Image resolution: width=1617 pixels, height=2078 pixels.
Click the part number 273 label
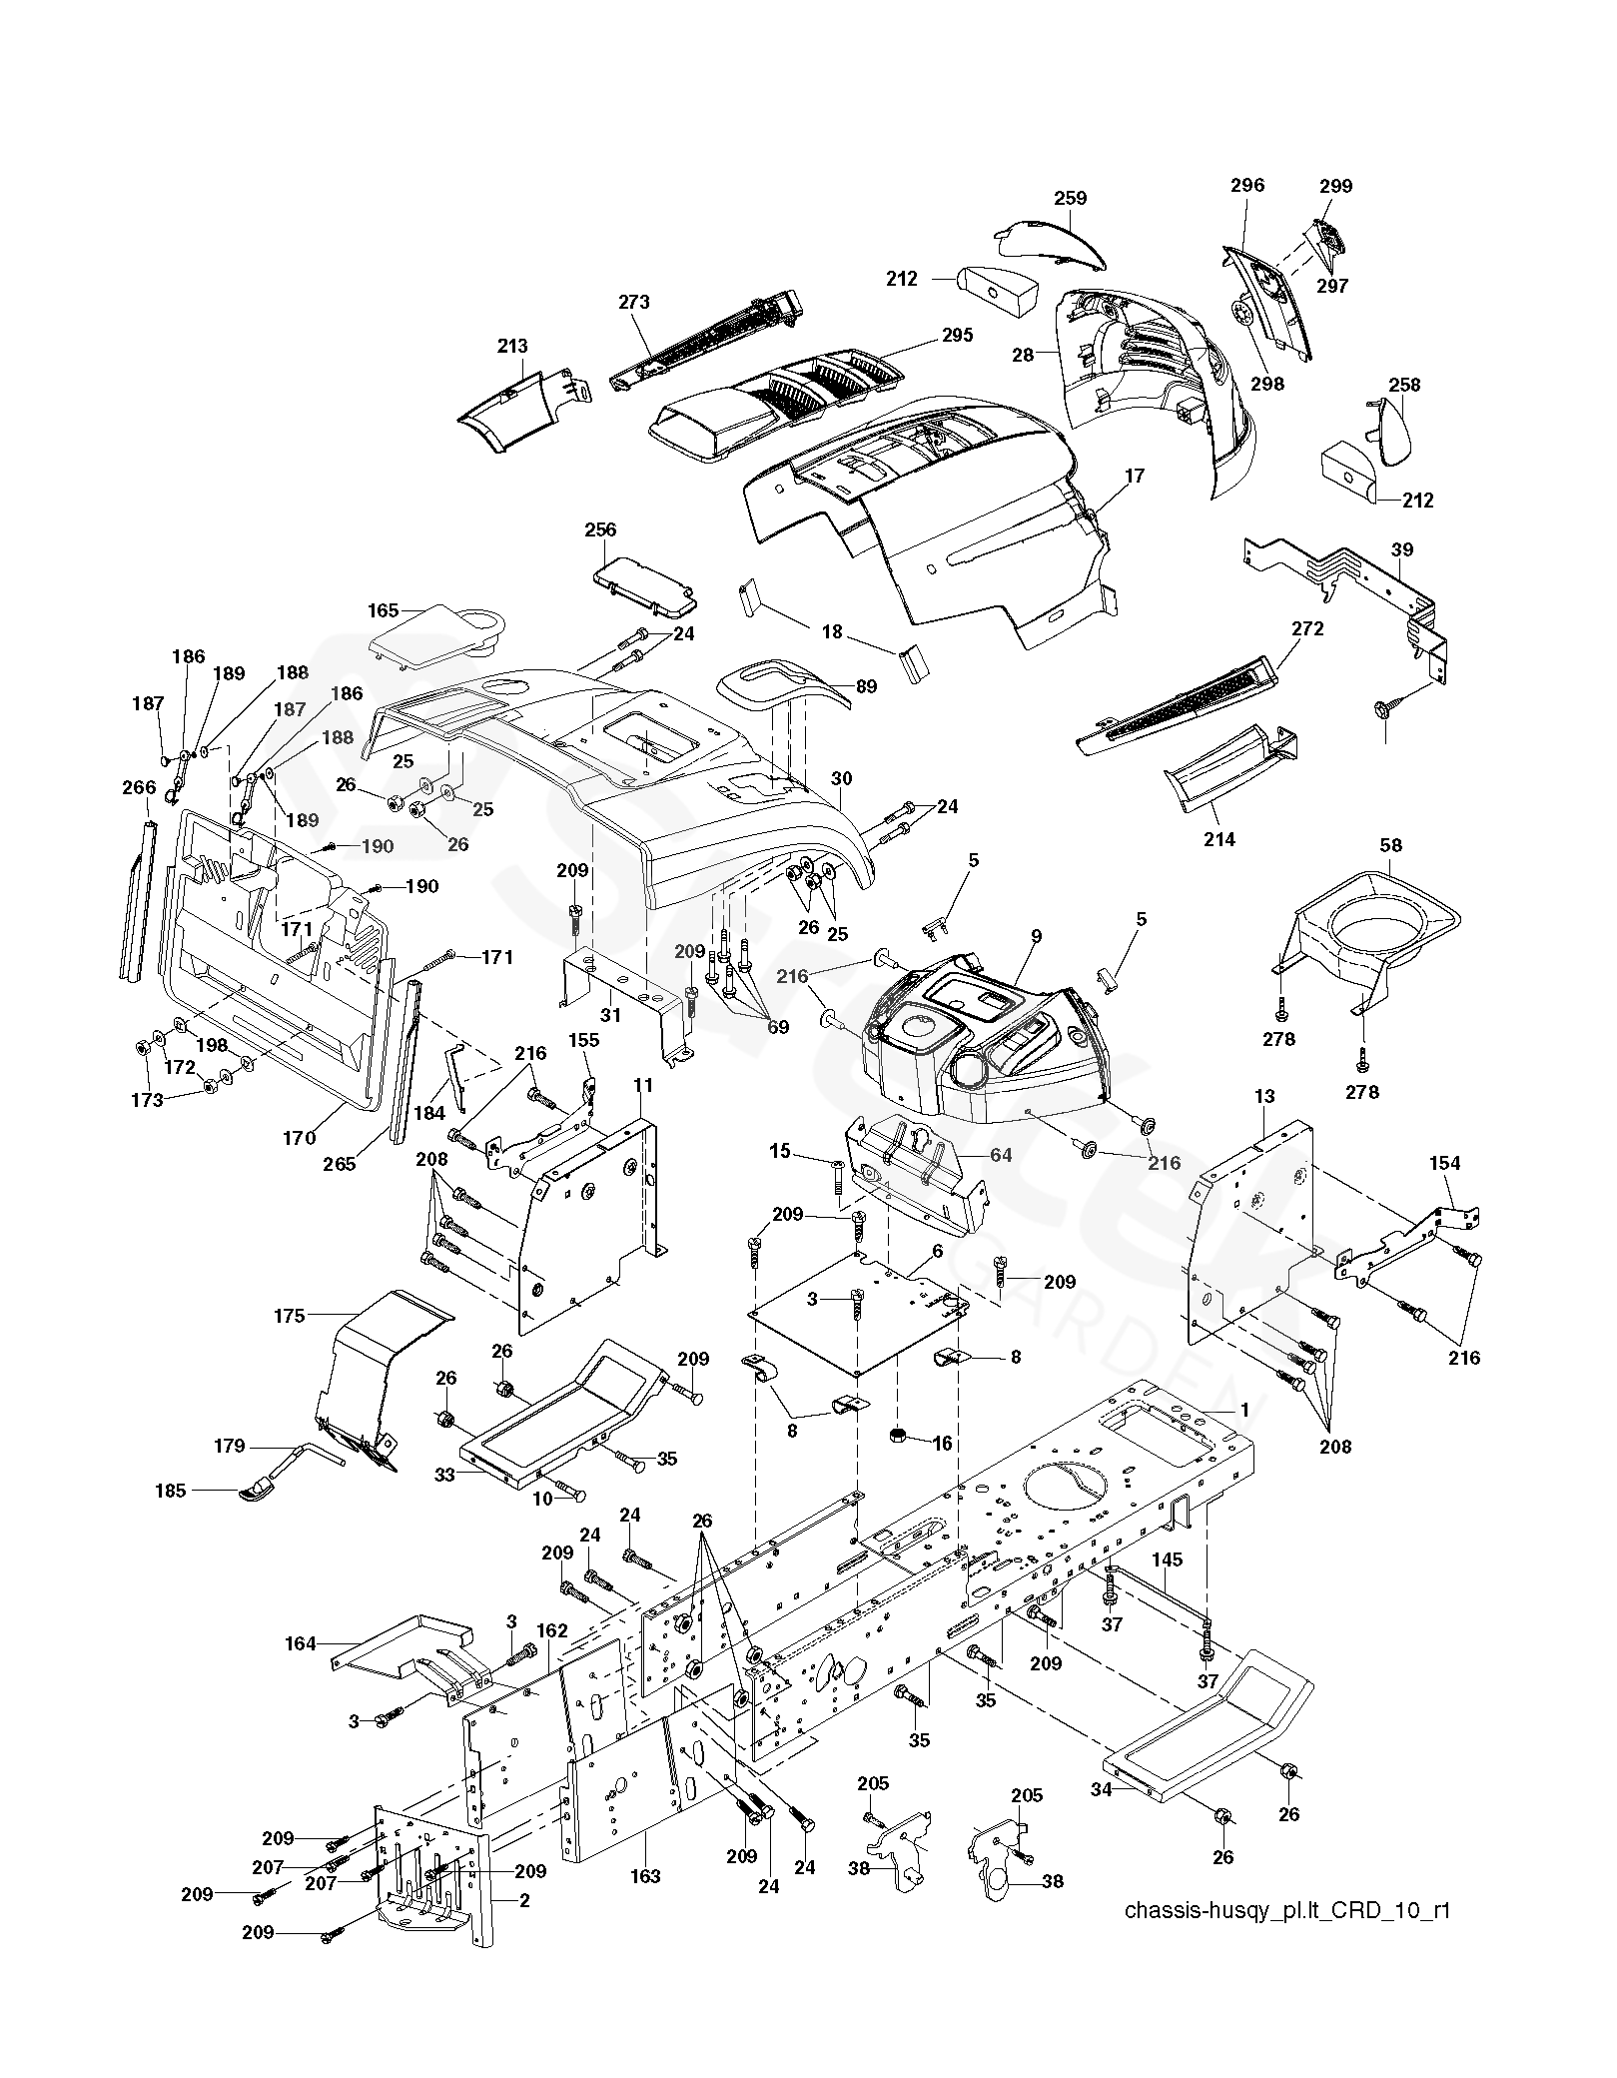click(x=634, y=302)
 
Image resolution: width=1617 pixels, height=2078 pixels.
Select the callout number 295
click(x=957, y=335)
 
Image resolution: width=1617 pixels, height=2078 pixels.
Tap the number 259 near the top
click(x=1070, y=198)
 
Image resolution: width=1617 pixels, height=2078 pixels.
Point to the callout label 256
click(x=600, y=529)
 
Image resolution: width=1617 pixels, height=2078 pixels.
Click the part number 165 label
click(x=384, y=610)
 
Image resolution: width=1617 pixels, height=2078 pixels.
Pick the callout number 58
click(x=1390, y=845)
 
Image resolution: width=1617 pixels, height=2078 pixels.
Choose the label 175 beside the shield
click(x=289, y=1316)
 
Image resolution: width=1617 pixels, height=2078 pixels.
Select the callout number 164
click(x=301, y=1643)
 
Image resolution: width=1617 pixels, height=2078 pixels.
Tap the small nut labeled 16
click(x=898, y=1435)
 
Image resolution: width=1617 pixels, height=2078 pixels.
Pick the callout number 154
click(x=1444, y=1163)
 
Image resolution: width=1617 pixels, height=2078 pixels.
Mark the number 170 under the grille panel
click(x=299, y=1137)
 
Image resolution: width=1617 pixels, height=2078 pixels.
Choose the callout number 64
click(x=1001, y=1155)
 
